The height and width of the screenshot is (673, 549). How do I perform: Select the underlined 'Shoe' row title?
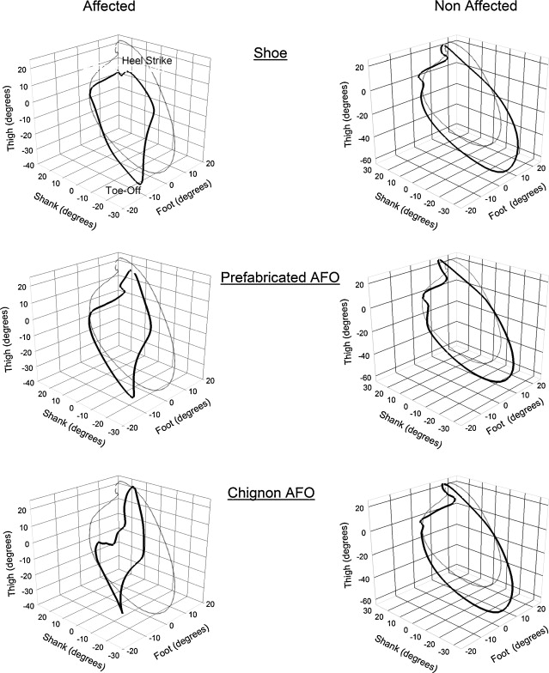tap(271, 52)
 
